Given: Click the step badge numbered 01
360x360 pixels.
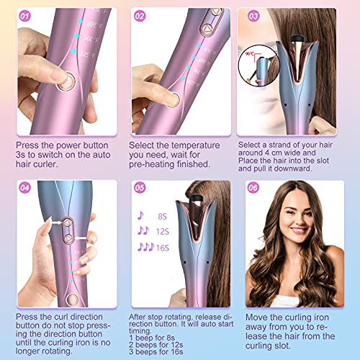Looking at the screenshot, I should [x=24, y=15].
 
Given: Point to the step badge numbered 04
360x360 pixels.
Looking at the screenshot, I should [x=24, y=189].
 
